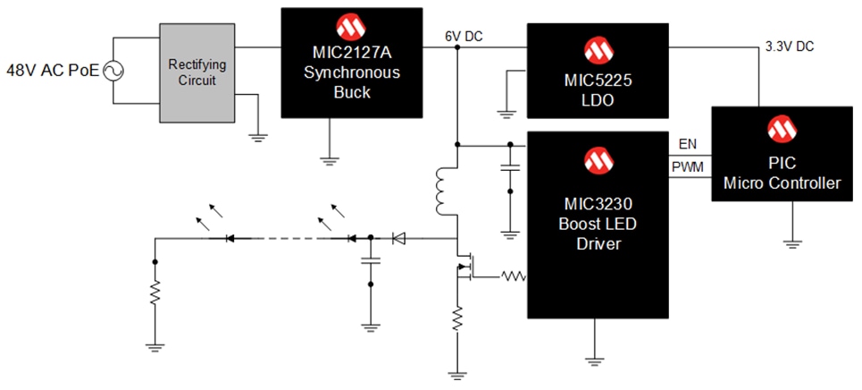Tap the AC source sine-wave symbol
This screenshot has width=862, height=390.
[114, 70]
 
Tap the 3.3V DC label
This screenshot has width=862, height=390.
[789, 46]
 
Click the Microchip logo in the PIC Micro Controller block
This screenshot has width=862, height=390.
[781, 130]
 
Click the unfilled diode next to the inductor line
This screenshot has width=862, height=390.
[398, 238]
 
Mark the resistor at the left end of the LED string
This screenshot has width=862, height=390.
[155, 291]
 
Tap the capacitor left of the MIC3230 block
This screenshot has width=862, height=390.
[509, 167]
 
